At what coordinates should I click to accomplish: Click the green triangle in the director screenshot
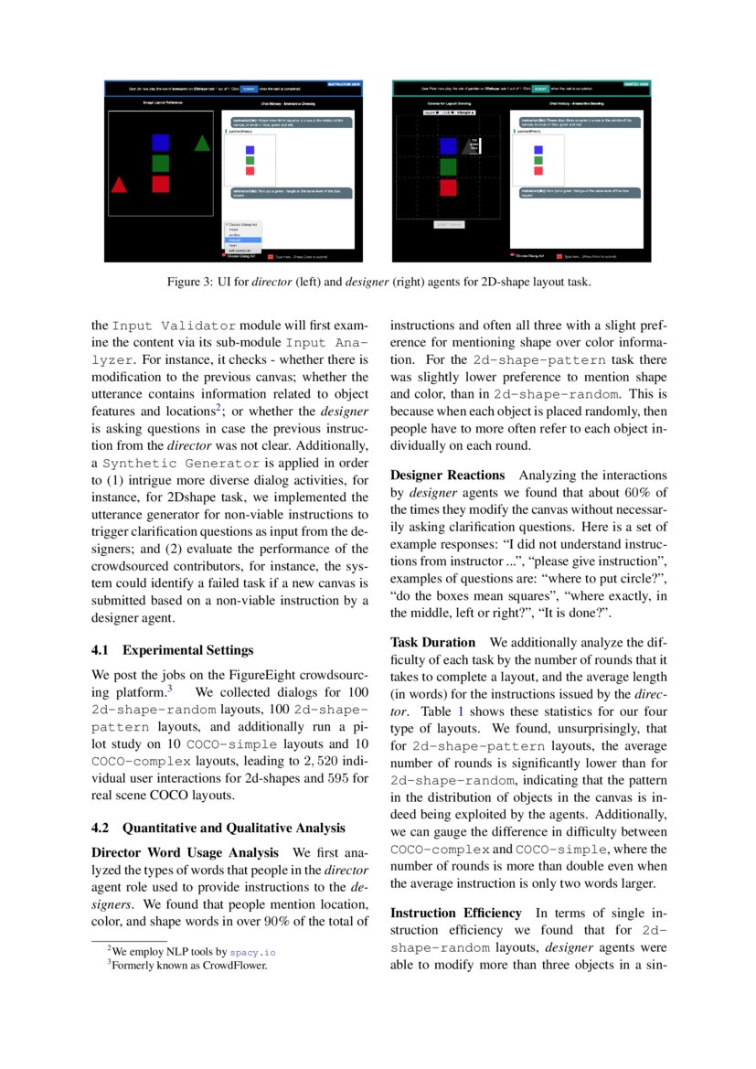pos(202,143)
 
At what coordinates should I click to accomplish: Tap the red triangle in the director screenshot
pos(119,185)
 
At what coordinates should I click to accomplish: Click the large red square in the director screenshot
pos(161,184)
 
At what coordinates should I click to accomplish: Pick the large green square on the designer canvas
pos(448,166)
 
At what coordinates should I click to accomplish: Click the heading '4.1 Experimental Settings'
pos(173,650)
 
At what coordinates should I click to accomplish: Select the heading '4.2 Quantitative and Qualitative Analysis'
pos(218,828)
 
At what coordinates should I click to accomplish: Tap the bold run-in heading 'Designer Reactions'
pos(447,475)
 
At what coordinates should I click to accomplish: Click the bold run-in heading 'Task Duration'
pos(432,642)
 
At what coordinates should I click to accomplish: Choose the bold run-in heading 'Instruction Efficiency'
pos(455,913)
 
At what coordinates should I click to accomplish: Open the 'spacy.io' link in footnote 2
pos(252,952)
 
